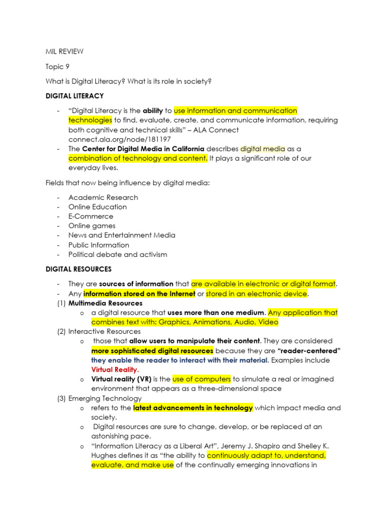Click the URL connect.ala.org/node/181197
click(x=120, y=139)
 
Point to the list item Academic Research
click(x=103, y=197)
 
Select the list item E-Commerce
click(x=91, y=216)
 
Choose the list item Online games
click(x=92, y=226)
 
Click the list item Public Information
click(x=99, y=245)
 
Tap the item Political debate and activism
click(x=118, y=254)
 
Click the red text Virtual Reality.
click(x=115, y=370)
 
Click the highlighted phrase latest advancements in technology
click(x=192, y=408)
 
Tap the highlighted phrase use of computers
click(x=202, y=379)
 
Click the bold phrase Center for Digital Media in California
click(x=143, y=149)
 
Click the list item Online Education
click(x=98, y=207)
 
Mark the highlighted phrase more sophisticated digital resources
click(x=152, y=351)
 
